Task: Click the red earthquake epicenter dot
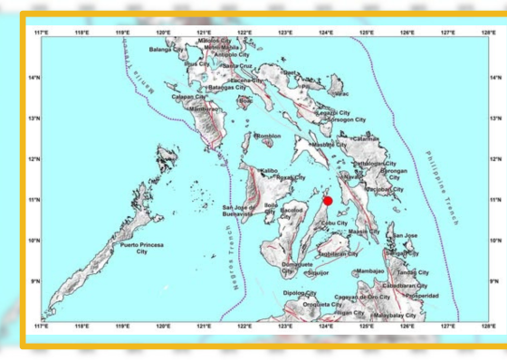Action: point(328,201)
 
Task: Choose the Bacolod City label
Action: point(291,213)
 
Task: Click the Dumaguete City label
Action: point(297,267)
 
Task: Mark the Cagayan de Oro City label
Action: point(361,297)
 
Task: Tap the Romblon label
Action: point(269,137)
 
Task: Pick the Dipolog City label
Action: point(299,293)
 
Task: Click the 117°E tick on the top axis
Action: point(42,33)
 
